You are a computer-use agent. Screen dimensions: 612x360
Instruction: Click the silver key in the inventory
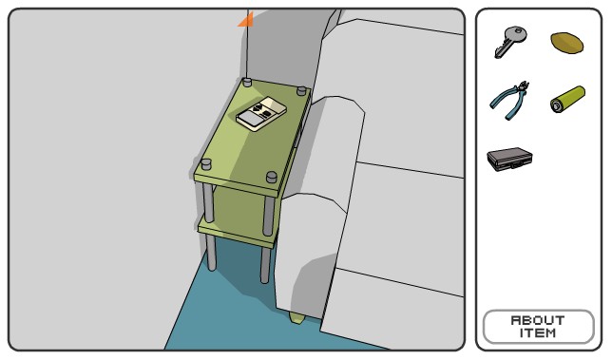(x=510, y=42)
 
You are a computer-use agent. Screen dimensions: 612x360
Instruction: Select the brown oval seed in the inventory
(x=566, y=43)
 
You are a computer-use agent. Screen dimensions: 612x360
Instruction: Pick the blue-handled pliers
(x=509, y=101)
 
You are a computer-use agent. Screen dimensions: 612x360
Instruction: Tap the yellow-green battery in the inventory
(x=568, y=99)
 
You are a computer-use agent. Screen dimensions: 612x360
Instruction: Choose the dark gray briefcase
(x=509, y=159)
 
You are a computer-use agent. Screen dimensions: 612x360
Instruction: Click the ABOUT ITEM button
(x=538, y=327)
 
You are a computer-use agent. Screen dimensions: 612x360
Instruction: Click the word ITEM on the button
(x=538, y=333)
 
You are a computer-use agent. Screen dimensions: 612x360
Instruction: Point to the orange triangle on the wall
(x=247, y=21)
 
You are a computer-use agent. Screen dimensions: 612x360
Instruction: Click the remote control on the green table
(x=261, y=113)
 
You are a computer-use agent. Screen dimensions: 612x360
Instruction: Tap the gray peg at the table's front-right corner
(x=272, y=177)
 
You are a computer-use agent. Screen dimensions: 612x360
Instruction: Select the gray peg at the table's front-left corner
(x=205, y=164)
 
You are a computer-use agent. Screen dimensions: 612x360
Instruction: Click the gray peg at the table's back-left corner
(x=247, y=83)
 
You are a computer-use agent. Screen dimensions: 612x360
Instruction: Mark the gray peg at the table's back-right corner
(x=301, y=91)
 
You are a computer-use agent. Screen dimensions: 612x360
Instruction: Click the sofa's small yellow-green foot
(x=296, y=317)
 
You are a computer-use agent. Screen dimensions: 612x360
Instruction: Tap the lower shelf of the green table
(x=236, y=232)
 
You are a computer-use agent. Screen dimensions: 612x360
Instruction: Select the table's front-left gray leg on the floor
(x=211, y=253)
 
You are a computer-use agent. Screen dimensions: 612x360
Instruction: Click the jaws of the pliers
(x=523, y=86)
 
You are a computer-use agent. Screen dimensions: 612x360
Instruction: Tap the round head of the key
(x=518, y=35)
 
